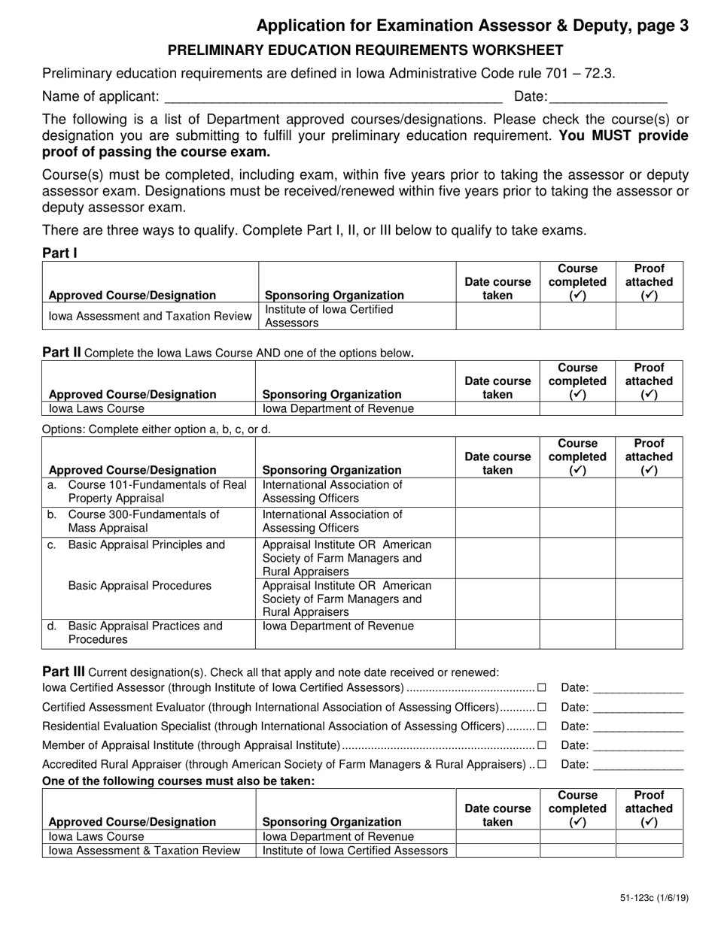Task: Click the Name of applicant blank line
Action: coord(333,97)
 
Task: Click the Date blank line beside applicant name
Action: coord(608,97)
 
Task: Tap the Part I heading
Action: coord(59,253)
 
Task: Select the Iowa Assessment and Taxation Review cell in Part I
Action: coord(151,317)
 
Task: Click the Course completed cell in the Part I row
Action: coord(577,317)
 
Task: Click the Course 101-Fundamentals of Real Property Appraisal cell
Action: coord(150,492)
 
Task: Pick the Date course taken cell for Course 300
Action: coord(497,522)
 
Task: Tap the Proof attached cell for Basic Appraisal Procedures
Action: coord(649,599)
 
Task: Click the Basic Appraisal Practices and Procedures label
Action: coord(145,633)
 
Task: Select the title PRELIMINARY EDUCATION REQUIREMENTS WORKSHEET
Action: coord(365,50)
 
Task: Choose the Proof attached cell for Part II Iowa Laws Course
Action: coord(649,409)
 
